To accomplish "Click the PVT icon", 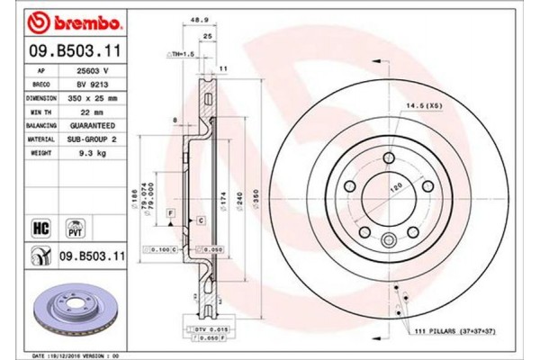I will click(76, 229).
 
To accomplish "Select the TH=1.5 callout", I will click(183, 55).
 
